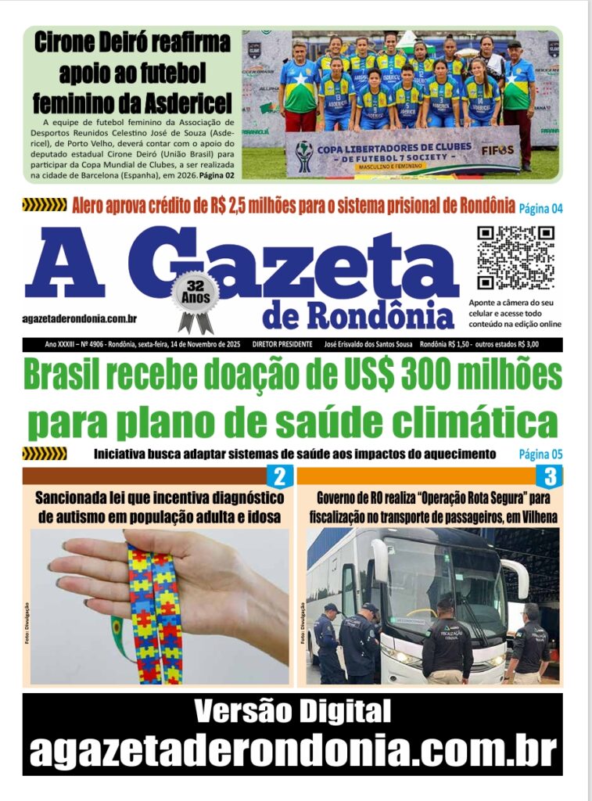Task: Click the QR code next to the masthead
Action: point(515,257)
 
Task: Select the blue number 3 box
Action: point(549,476)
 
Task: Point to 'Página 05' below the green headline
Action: point(540,454)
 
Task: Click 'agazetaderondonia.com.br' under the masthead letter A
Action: point(80,318)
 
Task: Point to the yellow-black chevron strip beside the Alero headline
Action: point(45,206)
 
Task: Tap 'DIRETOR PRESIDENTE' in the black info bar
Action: point(282,344)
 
